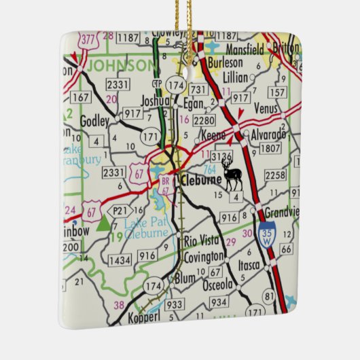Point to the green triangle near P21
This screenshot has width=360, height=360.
[103, 223]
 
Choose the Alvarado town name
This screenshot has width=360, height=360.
[268, 134]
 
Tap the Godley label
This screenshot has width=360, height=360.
[94, 121]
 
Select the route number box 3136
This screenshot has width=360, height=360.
[221, 156]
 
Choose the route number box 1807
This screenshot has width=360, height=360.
[270, 148]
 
